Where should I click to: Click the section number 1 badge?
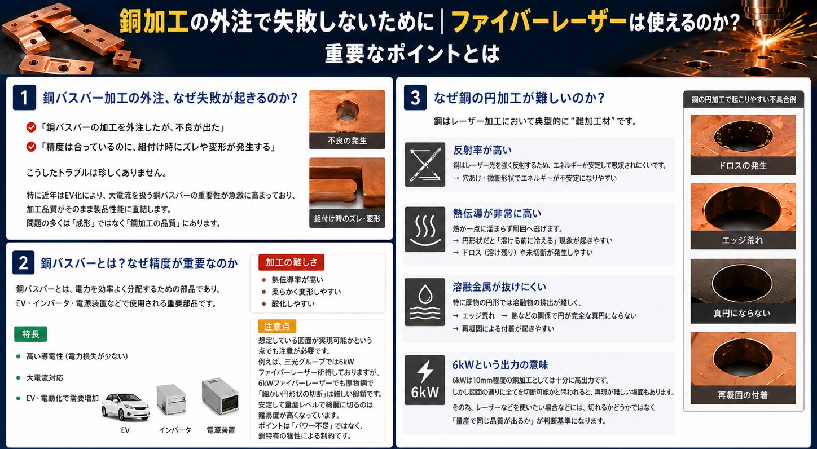pos(24,98)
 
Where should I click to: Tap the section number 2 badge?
pos(23,263)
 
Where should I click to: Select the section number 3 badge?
pos(415,98)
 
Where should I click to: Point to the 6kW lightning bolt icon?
pos(424,380)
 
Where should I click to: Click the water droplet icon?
pos(424,302)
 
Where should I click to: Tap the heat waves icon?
pos(425,230)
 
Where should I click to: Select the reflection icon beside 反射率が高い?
pos(425,164)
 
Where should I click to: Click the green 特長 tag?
pos(30,334)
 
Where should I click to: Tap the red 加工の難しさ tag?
pos(291,262)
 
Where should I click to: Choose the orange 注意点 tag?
pos(277,326)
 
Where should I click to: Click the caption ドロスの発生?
pos(743,166)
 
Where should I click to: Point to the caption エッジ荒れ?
pos(743,240)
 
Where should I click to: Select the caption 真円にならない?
pos(742,313)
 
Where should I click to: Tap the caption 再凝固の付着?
pos(743,395)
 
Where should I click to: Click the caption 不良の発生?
pos(347,141)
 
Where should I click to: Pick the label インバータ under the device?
pos(175,430)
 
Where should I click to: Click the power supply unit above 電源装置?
pos(220,397)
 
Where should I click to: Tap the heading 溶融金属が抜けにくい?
pos(499,287)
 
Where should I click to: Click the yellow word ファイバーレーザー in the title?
pos(539,22)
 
